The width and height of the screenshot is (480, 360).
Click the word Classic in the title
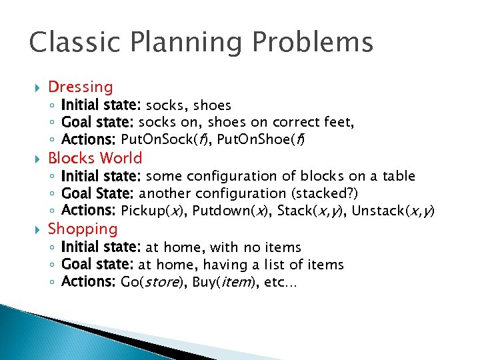[x=71, y=42]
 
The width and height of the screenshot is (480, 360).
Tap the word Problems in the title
[x=317, y=42]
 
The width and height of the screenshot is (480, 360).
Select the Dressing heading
[x=81, y=87]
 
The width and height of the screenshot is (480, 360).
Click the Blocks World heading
[x=95, y=158]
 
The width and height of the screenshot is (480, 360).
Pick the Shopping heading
[x=83, y=229]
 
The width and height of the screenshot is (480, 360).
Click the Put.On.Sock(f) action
[x=162, y=140]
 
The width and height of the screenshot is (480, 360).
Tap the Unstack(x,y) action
[x=393, y=211]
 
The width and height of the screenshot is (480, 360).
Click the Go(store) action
[x=153, y=282]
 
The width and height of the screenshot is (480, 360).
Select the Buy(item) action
[x=225, y=282]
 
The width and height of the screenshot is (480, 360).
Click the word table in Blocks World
[x=399, y=176]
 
